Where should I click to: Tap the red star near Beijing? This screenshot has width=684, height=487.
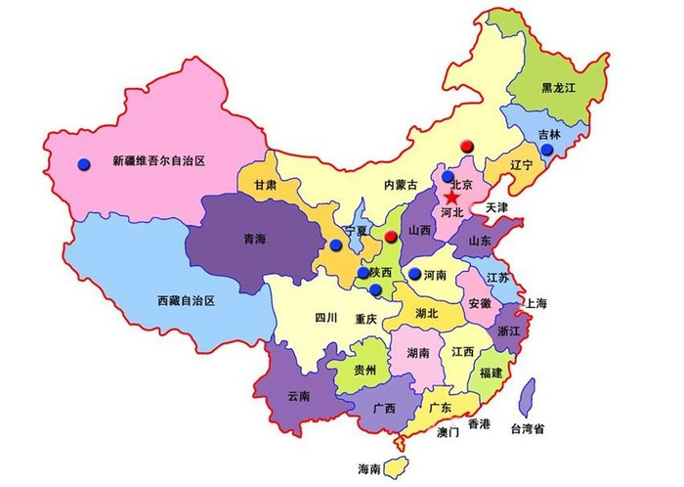[x=451, y=196]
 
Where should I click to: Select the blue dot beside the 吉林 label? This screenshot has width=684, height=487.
[x=547, y=150]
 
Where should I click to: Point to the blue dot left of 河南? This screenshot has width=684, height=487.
[x=414, y=273]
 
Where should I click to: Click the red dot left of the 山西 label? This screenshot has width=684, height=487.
[x=391, y=237]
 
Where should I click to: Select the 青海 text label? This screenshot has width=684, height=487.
[x=255, y=237]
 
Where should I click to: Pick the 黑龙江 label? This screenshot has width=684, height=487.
[x=560, y=88]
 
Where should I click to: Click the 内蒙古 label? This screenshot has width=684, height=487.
[x=400, y=185]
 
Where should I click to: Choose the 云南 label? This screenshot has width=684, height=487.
[x=297, y=396]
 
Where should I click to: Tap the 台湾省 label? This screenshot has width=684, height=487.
[x=527, y=428]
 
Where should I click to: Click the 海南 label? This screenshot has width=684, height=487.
[x=368, y=469]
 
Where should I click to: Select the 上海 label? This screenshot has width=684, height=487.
[x=535, y=304]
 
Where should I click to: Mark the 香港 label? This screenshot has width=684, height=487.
[x=479, y=424]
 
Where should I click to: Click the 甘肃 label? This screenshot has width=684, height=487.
[x=265, y=185]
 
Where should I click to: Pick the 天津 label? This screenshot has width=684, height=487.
[x=496, y=208]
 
